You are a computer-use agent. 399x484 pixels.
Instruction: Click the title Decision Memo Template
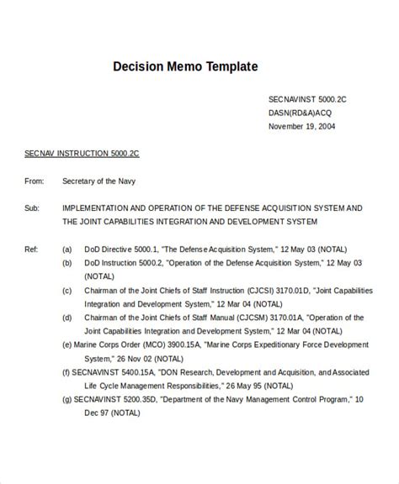(x=185, y=66)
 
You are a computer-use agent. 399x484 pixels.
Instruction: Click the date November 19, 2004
(x=302, y=127)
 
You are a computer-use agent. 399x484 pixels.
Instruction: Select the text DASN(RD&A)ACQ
(x=300, y=113)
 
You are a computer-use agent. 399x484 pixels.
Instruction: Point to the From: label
(x=35, y=181)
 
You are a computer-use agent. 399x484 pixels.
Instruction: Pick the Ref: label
(x=32, y=249)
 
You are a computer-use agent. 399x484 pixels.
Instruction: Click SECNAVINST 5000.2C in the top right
(x=307, y=98)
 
